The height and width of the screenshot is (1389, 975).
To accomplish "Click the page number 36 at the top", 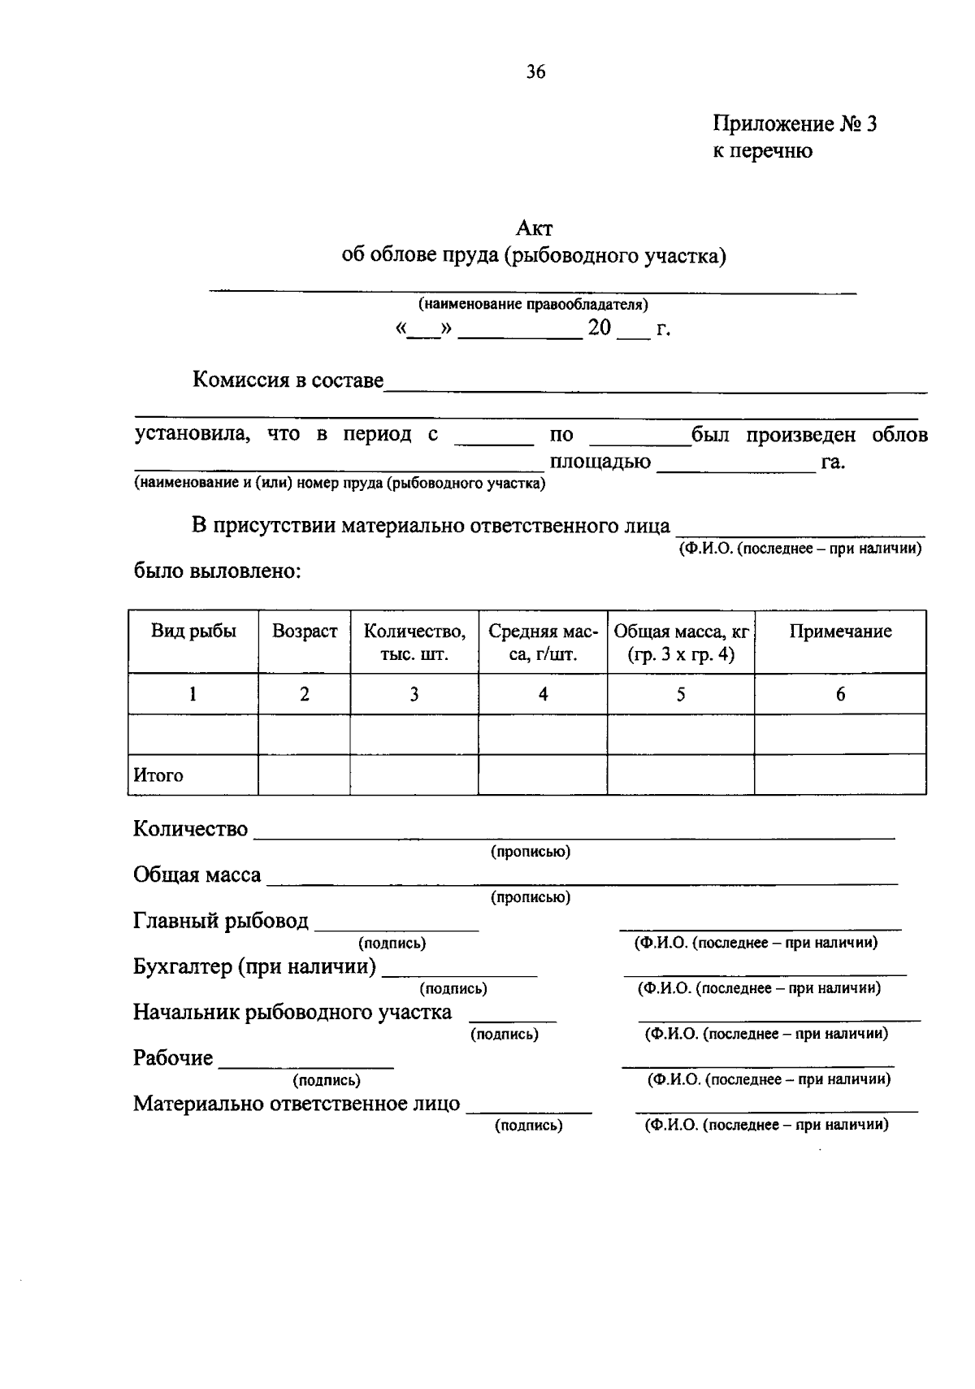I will point(535,72).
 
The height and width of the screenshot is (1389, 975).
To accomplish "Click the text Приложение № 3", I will point(795,124).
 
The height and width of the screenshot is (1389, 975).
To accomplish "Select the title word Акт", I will point(534,228).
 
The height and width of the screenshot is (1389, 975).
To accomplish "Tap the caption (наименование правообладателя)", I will point(533,305).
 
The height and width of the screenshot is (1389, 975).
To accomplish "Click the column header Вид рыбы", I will point(193,632).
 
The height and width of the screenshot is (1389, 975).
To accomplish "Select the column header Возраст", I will point(305,632).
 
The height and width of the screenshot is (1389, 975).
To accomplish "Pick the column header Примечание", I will point(840,632).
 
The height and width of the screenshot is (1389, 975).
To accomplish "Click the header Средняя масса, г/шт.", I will point(543,642).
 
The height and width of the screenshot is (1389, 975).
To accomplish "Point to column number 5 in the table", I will point(681,694).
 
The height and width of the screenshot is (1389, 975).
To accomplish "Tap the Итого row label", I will point(159,775).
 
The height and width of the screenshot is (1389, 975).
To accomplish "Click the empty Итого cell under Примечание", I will point(840,775).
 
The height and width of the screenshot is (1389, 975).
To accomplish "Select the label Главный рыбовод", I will point(221,921).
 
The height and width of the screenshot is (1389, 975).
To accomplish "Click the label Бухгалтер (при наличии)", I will point(254,966).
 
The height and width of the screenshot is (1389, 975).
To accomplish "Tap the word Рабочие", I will point(173,1057).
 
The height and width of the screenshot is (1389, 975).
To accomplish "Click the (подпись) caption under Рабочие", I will point(327,1080).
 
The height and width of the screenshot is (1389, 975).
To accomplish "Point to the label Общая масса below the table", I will point(197,875).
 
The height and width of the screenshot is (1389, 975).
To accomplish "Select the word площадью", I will point(600,462).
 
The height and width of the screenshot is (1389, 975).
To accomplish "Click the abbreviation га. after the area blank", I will point(833,462).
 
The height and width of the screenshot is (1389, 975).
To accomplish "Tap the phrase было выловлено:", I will point(218,571).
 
